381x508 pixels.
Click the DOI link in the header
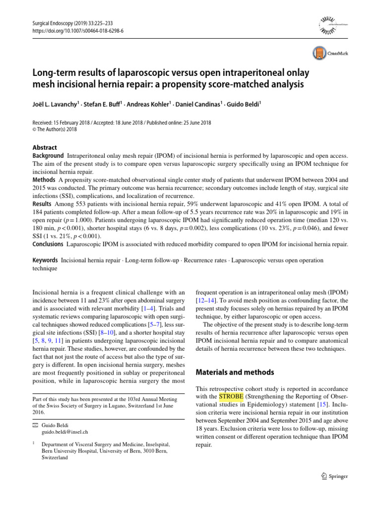(x=78, y=30)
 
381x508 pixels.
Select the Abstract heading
(x=45, y=148)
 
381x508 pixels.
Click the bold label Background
(x=48, y=156)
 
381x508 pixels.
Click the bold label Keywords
(x=45, y=260)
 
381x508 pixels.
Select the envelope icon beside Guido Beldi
(x=35, y=425)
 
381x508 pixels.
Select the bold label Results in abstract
(x=43, y=204)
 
